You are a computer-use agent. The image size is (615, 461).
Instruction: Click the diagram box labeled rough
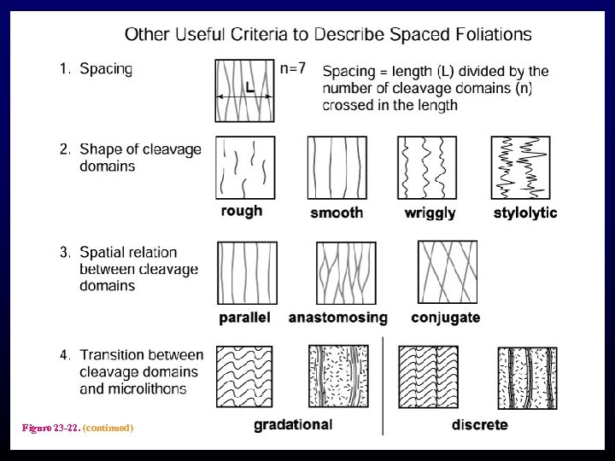coord(246,167)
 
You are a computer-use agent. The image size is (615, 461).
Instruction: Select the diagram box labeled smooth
coord(337,167)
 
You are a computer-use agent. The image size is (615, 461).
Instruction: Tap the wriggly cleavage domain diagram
coord(427,167)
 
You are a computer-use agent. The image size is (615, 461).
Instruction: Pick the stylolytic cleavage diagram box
coord(520,167)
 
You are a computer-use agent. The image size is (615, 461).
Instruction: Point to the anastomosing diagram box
coord(346,273)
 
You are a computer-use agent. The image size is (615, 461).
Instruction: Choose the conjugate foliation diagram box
coord(447,271)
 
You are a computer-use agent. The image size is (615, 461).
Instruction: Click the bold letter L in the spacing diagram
coord(249,87)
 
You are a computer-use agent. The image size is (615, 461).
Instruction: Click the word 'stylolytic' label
coord(525,213)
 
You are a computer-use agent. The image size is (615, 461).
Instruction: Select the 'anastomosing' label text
coord(338,318)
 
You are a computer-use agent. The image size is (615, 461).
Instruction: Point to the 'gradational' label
coord(293,424)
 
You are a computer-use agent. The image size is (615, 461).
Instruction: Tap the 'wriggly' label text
coord(430,213)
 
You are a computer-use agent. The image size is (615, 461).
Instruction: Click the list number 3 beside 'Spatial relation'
coord(65,253)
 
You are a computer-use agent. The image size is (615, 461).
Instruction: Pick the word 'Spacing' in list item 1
coord(106,69)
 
